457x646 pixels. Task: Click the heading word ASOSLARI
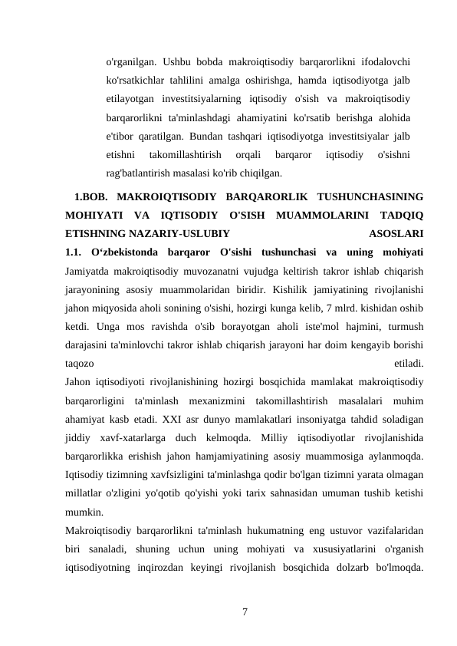396,232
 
